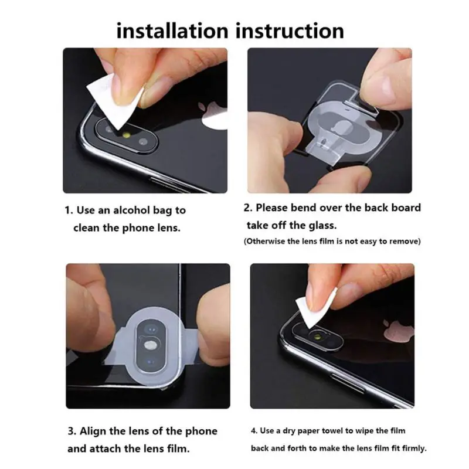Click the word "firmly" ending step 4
(411, 448)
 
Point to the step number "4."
(254, 431)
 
